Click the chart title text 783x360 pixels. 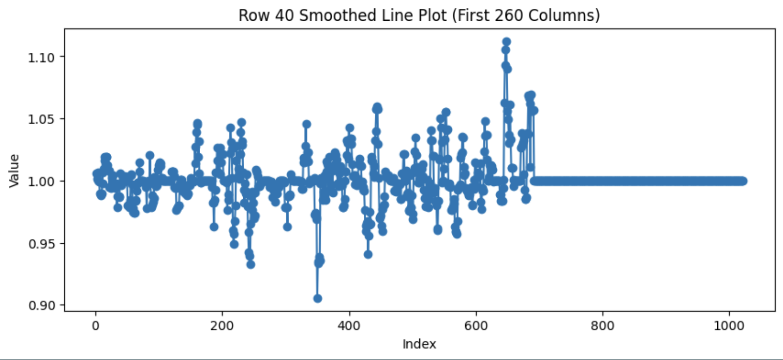(x=419, y=15)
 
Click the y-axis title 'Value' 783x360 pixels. (x=14, y=171)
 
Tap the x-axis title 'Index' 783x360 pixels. (x=419, y=344)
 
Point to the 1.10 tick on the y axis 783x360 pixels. (x=41, y=57)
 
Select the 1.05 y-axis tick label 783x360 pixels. (x=41, y=119)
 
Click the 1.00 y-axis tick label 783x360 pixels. (x=41, y=181)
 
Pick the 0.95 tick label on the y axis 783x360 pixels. (x=41, y=243)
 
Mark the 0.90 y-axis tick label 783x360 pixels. (x=41, y=306)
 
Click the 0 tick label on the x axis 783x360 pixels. (x=95, y=326)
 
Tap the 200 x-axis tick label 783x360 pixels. (x=222, y=326)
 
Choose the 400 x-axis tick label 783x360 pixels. (x=349, y=326)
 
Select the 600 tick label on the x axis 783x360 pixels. (x=476, y=326)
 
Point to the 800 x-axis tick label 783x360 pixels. (x=603, y=326)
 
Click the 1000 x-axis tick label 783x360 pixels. (x=729, y=326)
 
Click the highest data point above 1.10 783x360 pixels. (x=506, y=42)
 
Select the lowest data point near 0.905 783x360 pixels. (x=317, y=298)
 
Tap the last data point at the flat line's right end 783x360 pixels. (x=743, y=181)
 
